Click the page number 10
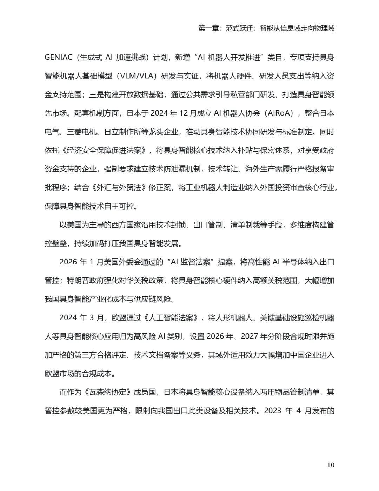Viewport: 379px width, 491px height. pos(331,465)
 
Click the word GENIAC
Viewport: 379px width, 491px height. pos(58,58)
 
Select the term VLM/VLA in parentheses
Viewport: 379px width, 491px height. pos(135,76)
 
